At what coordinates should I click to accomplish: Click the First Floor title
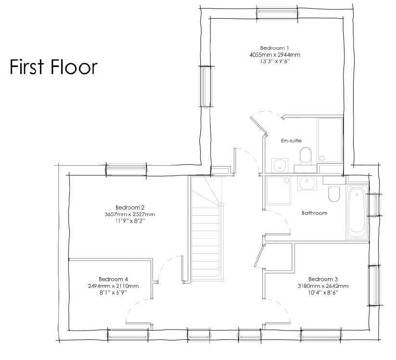click(53, 67)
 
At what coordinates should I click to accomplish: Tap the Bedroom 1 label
click(275, 48)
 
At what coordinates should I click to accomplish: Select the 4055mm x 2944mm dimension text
click(275, 54)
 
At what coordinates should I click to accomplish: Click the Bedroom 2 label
click(130, 208)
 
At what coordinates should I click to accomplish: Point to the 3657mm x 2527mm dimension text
click(130, 214)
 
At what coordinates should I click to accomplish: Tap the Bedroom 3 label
click(323, 279)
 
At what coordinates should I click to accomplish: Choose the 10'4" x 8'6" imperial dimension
click(323, 293)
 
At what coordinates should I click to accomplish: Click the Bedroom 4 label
click(113, 279)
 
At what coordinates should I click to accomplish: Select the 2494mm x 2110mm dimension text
click(113, 286)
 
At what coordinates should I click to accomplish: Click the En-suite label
click(291, 141)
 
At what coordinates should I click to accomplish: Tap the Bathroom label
click(315, 213)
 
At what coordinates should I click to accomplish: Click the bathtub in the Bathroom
click(357, 212)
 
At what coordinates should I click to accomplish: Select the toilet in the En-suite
click(305, 156)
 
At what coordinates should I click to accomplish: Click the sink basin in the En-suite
click(280, 165)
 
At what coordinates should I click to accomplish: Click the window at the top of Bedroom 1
click(277, 13)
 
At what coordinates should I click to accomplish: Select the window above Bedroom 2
click(126, 169)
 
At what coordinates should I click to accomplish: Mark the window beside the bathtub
click(374, 205)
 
